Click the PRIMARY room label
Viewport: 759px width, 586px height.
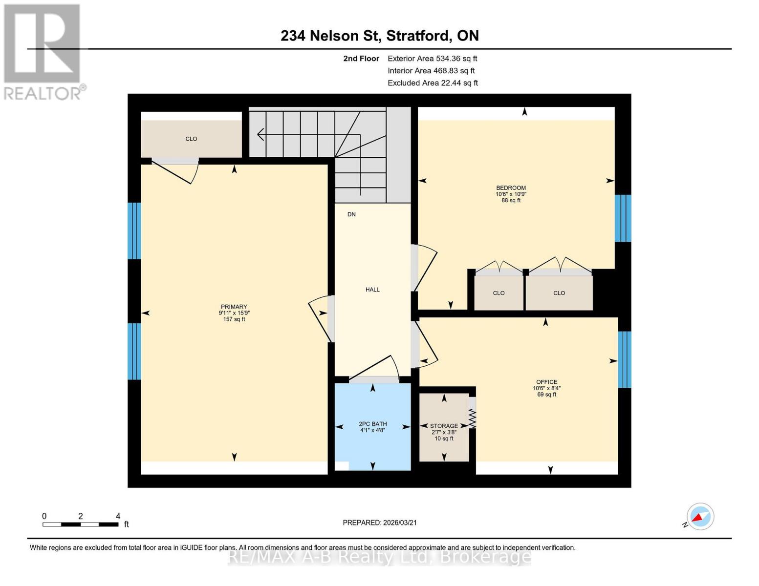pyautogui.click(x=234, y=307)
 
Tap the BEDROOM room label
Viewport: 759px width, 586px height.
pyautogui.click(x=511, y=188)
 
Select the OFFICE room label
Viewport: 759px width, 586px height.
pyautogui.click(x=546, y=382)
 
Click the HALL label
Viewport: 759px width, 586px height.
pyautogui.click(x=372, y=290)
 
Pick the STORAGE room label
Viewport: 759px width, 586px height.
pyautogui.click(x=444, y=426)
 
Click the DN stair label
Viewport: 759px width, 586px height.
pyautogui.click(x=351, y=214)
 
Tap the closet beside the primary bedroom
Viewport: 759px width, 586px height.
pyautogui.click(x=191, y=139)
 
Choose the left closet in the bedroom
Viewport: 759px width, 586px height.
pyautogui.click(x=499, y=293)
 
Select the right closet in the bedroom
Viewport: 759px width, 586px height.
pyautogui.click(x=559, y=293)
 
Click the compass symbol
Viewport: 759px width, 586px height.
pyautogui.click(x=700, y=517)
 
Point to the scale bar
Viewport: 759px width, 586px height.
pyautogui.click(x=81, y=524)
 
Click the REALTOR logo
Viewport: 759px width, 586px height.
pyautogui.click(x=43, y=51)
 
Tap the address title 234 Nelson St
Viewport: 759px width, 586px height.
pyautogui.click(x=379, y=36)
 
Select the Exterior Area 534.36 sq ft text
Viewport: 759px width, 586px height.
pyautogui.click(x=432, y=59)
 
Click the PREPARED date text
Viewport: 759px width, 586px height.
pyautogui.click(x=379, y=523)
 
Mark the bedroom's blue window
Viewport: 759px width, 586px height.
pyautogui.click(x=623, y=218)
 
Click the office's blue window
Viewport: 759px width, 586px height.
pyautogui.click(x=624, y=359)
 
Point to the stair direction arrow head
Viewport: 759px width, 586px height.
pyautogui.click(x=260, y=134)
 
